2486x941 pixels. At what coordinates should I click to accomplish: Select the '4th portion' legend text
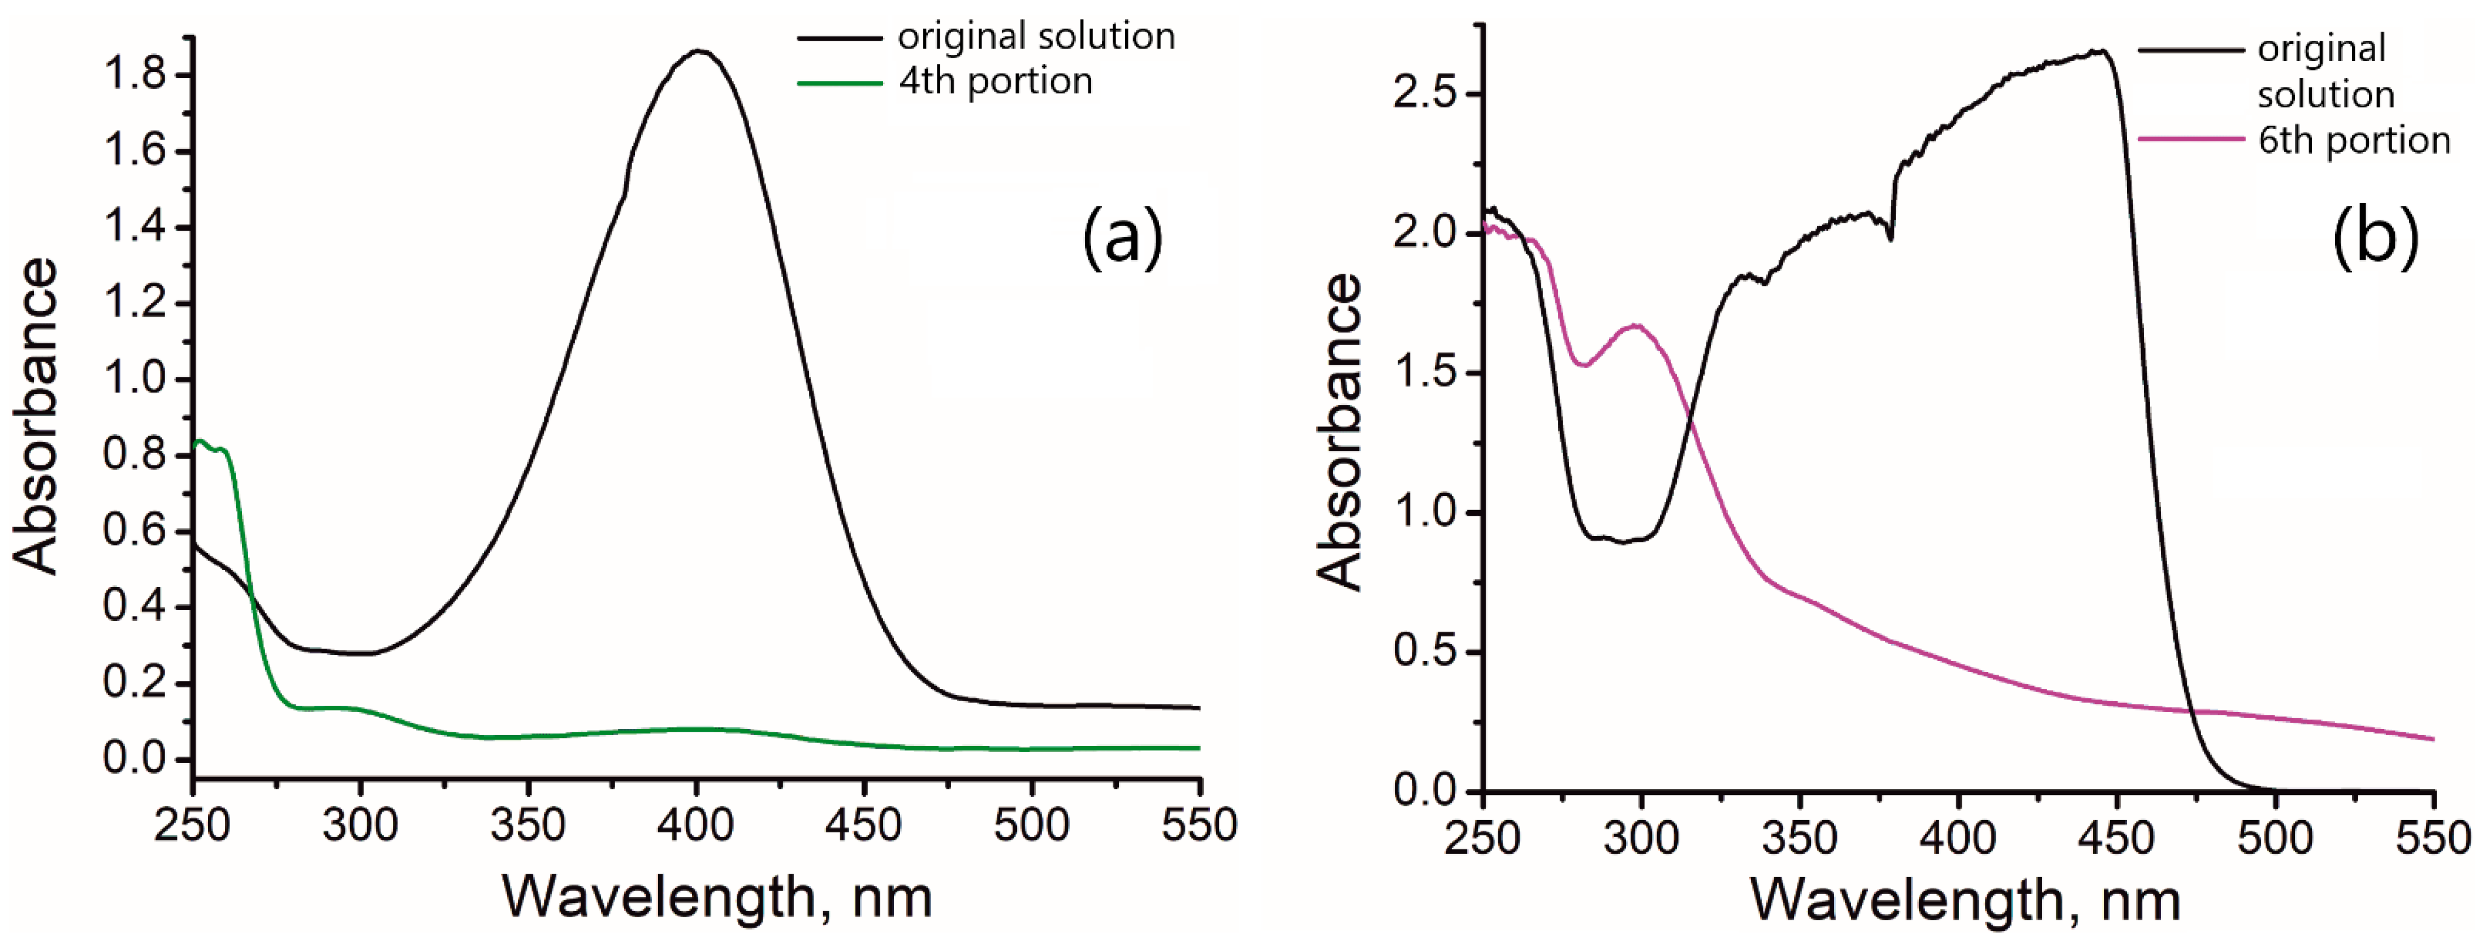click(995, 82)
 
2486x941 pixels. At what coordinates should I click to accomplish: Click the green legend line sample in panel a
click(840, 84)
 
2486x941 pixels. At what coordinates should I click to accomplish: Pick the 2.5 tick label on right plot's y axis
click(1424, 94)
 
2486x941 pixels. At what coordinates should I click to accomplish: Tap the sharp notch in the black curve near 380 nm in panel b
click(1890, 239)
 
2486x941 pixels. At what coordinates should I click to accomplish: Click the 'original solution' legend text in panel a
click(1036, 37)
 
